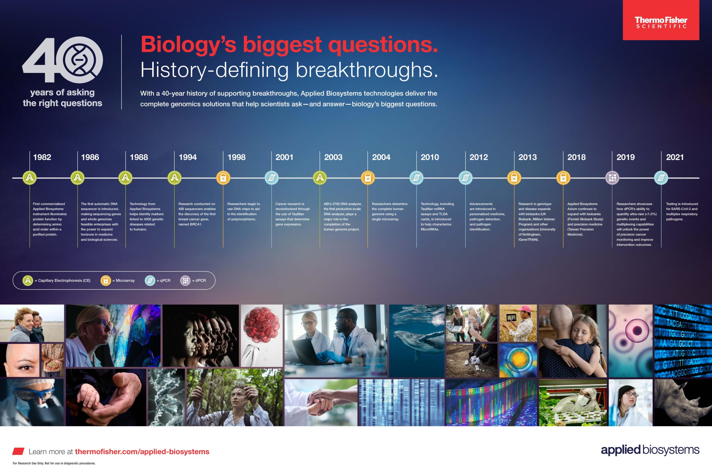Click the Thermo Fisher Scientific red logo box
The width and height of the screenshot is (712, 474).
661,20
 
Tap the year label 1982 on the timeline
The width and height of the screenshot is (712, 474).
42,157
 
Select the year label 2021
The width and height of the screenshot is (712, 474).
675,157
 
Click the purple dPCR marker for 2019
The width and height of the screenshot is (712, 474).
612,178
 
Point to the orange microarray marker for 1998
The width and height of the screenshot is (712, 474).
223,178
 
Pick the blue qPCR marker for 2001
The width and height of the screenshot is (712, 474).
271,178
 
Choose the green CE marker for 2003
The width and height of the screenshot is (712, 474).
320,178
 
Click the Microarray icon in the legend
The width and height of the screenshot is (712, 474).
106,280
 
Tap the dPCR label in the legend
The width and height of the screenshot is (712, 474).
201,280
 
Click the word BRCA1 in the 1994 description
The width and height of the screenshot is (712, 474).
196,224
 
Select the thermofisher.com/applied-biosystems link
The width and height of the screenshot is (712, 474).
142,452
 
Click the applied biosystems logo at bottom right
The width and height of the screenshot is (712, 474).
650,450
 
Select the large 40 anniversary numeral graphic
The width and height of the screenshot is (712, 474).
62,59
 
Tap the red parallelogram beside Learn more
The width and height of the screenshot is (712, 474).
18,451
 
